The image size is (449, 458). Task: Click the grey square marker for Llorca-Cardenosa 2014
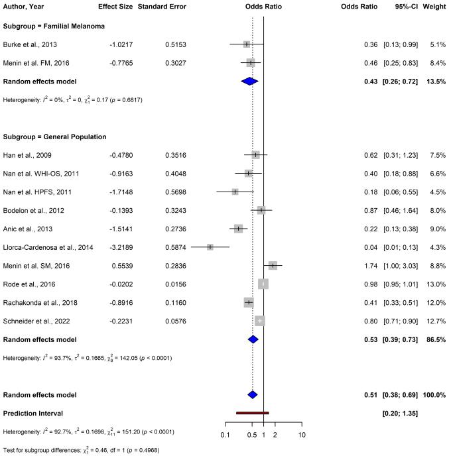click(210, 247)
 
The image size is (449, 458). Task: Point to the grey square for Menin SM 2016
click(273, 265)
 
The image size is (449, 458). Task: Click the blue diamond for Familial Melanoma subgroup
click(249, 81)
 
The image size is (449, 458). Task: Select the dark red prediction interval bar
click(252, 413)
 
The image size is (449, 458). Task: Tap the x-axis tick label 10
click(302, 435)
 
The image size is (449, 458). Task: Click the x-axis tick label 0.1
click(225, 435)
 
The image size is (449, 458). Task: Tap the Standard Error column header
click(162, 7)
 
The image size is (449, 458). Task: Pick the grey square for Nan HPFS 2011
click(235, 192)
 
